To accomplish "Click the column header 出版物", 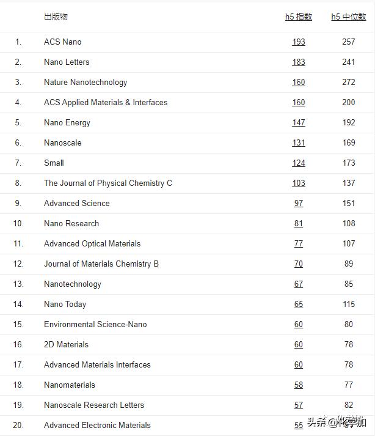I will click(x=56, y=17).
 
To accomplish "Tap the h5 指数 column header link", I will click(x=298, y=17).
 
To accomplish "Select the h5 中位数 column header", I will click(x=349, y=17).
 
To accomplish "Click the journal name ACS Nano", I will click(x=62, y=42).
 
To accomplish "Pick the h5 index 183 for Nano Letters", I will click(x=298, y=62).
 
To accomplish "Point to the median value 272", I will click(x=349, y=82).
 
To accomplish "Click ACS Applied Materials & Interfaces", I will click(x=106, y=102).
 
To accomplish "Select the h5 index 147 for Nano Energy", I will click(x=298, y=122).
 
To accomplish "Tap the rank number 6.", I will click(x=18, y=142).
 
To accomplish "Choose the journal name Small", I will click(x=54, y=163).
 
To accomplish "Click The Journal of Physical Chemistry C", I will click(x=108, y=183).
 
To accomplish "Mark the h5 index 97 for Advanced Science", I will click(x=298, y=203).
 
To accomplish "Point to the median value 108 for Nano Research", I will click(x=349, y=223).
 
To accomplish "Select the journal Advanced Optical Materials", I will click(x=92, y=243).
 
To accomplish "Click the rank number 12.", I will click(x=18, y=264).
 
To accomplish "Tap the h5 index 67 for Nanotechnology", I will click(x=298, y=284).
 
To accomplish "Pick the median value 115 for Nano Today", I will click(x=349, y=304).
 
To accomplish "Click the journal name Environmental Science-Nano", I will click(x=95, y=324).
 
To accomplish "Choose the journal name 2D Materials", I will click(x=66, y=344).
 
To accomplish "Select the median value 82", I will click(x=349, y=405).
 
